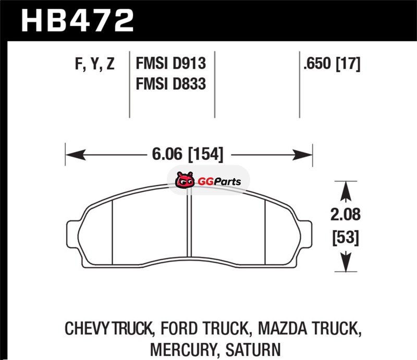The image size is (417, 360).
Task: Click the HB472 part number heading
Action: click(x=77, y=20)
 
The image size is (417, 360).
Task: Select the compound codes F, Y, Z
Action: click(x=95, y=64)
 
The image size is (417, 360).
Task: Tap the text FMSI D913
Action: click(x=171, y=64)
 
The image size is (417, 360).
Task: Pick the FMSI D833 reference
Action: click(x=171, y=84)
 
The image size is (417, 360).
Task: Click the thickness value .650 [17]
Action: click(x=332, y=64)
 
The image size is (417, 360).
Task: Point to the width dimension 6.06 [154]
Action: click(x=188, y=154)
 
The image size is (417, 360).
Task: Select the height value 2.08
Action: click(x=346, y=214)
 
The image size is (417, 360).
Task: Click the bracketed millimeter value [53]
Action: click(x=346, y=238)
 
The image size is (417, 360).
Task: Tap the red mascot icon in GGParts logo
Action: click(x=185, y=180)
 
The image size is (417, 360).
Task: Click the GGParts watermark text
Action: click(x=219, y=182)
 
